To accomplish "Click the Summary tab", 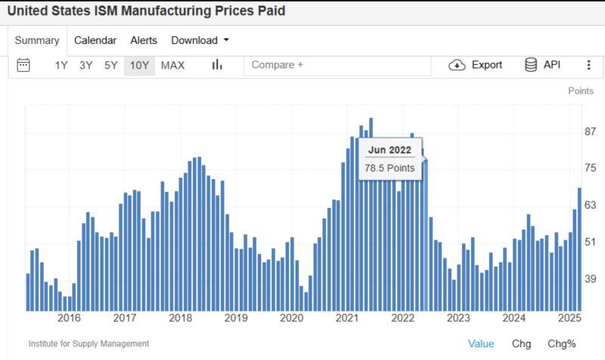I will point(37,41).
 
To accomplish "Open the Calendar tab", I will point(95,41).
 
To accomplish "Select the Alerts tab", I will point(144,41).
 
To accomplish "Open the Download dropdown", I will point(200,41).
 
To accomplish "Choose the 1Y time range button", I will point(61,65).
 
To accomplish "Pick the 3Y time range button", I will point(86,65).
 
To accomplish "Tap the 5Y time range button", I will point(110,65).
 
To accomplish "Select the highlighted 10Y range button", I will point(139,65).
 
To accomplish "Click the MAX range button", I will point(172,65).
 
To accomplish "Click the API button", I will point(543,65).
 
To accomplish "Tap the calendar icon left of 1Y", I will point(23,65).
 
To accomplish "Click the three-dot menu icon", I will point(589,65).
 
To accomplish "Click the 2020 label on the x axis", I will point(292,318).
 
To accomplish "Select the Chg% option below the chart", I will point(562,344).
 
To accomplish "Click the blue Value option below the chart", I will point(481,344).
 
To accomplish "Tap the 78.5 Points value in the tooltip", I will point(389,168).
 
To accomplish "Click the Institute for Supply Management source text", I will point(88,344).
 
